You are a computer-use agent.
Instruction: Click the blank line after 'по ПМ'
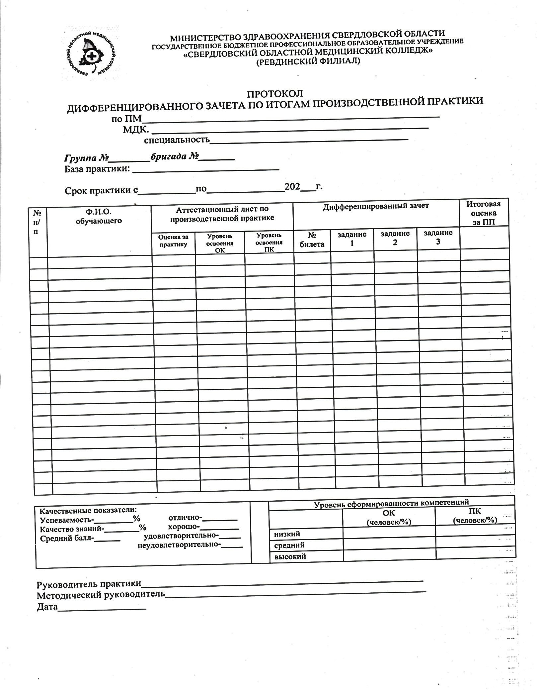coord(290,118)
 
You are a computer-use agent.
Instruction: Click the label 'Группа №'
coord(87,157)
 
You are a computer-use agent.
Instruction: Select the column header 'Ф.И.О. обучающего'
coord(99,216)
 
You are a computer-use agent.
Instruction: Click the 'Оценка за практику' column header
coord(173,241)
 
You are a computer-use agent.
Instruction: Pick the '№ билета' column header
coord(312,240)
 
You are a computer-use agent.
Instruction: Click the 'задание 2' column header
coord(395,238)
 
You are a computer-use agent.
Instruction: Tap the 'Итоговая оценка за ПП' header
coord(484,213)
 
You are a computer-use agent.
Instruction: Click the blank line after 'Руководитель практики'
coord(282,583)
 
